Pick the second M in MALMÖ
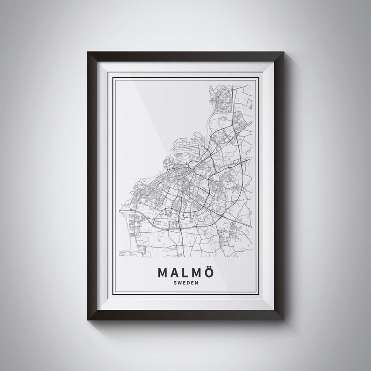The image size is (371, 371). coord(199,272)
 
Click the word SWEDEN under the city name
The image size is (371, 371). coord(186,283)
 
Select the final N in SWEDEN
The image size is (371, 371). coord(198,283)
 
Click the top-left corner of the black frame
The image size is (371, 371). coord(88,53)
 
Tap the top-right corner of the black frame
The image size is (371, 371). coord(283,53)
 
